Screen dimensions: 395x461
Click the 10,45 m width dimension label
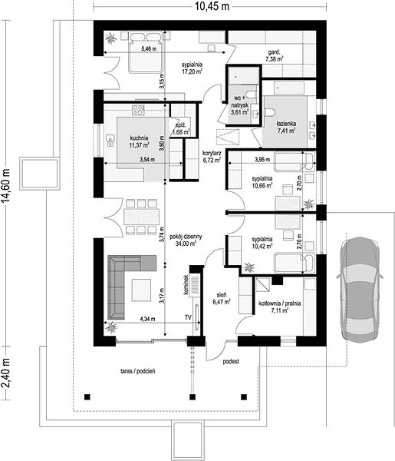[x=212, y=6]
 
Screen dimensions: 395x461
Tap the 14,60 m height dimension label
[x=5, y=185]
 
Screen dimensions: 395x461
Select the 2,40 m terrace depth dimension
[x=5, y=373]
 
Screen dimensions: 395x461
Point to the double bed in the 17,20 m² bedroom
[x=146, y=52]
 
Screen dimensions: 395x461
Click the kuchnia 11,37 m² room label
[x=139, y=141]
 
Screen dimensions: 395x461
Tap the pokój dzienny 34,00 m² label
[x=186, y=240]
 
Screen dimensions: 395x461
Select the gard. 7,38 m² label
[x=274, y=56]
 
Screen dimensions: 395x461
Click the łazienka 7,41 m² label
[x=286, y=127]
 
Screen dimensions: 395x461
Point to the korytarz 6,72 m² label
[x=212, y=157]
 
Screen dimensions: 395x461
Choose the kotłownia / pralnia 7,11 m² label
[x=279, y=307]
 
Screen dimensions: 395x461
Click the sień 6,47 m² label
[x=221, y=298]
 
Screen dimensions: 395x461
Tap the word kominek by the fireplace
[x=186, y=284]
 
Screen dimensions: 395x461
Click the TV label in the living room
[x=188, y=317]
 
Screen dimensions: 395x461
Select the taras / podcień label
[x=138, y=371]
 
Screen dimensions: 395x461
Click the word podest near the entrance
[x=231, y=361]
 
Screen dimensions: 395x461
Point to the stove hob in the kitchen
[x=138, y=110]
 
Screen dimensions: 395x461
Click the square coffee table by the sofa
[x=141, y=290]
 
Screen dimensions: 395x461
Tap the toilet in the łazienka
[x=269, y=111]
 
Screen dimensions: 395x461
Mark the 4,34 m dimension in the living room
[x=147, y=319]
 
